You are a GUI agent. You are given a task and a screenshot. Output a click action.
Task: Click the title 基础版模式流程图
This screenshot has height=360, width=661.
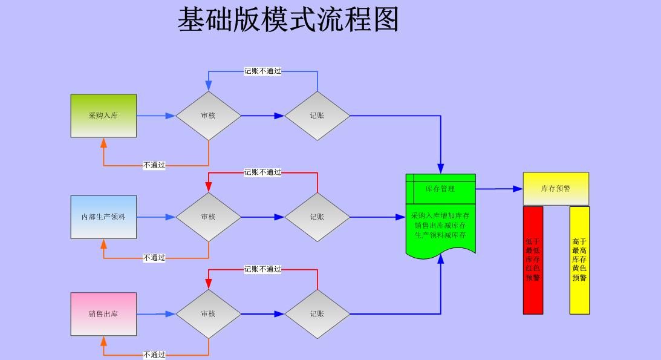[x=288, y=19]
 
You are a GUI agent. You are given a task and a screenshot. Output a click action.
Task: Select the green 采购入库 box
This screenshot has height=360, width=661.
[x=103, y=116]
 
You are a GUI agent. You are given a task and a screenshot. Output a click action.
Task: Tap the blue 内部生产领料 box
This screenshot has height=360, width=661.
[x=103, y=217]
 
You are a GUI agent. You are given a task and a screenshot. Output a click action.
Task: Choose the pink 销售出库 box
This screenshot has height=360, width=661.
[x=103, y=314]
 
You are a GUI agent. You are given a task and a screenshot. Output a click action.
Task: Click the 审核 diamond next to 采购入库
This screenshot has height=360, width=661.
[x=208, y=116]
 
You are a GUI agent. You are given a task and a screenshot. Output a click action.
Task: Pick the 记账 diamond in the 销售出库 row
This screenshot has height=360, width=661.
[x=317, y=314]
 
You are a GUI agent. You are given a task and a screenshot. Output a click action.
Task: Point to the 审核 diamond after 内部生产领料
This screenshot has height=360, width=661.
[x=208, y=217]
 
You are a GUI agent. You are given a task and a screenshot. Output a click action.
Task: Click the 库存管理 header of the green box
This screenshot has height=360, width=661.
[x=440, y=189]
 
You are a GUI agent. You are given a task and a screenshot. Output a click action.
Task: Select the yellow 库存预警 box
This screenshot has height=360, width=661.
[x=556, y=188]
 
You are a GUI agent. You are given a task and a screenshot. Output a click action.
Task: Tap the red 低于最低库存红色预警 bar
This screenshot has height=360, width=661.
[x=533, y=260]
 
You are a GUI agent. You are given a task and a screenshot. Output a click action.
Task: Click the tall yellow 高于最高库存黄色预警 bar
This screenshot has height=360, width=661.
[x=579, y=260]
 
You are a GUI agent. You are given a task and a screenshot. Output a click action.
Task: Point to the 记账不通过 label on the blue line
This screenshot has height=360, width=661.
[x=262, y=71]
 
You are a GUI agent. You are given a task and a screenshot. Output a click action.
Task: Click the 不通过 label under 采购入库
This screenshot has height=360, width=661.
[x=154, y=165]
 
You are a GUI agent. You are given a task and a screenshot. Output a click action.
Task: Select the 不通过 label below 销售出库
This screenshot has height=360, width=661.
[x=154, y=355]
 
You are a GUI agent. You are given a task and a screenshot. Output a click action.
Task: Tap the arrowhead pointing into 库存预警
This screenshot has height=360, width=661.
[x=518, y=189]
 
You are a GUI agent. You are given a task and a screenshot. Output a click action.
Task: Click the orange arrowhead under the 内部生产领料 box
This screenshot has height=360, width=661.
[x=103, y=244]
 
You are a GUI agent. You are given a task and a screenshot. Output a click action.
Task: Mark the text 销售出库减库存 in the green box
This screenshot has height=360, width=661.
[x=440, y=226]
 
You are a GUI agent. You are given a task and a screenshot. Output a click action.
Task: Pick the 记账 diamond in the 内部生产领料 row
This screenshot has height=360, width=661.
[x=317, y=217]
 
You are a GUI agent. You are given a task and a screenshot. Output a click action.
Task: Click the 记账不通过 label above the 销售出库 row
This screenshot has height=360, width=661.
[x=262, y=269]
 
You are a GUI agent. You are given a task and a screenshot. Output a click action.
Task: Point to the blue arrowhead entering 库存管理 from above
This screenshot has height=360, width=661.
[x=440, y=169]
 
